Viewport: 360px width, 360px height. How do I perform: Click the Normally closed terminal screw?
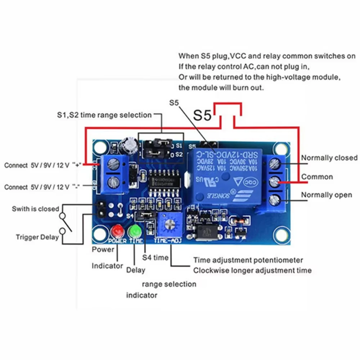click(275, 163)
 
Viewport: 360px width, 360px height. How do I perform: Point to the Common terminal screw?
click(275, 182)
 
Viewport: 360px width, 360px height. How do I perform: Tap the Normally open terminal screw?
click(275, 199)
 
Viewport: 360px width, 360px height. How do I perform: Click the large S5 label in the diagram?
click(203, 115)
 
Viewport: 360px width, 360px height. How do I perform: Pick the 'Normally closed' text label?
click(329, 158)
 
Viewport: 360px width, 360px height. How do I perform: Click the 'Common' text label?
click(317, 177)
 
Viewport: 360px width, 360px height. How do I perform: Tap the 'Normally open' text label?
click(326, 195)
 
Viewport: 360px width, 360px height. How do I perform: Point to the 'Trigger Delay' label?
click(37, 237)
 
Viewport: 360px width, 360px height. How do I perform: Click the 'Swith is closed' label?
click(35, 209)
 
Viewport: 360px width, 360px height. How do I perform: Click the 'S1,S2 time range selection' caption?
click(104, 115)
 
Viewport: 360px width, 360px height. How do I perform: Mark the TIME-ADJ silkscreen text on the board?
click(168, 240)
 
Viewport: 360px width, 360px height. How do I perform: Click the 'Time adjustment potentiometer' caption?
click(248, 260)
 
